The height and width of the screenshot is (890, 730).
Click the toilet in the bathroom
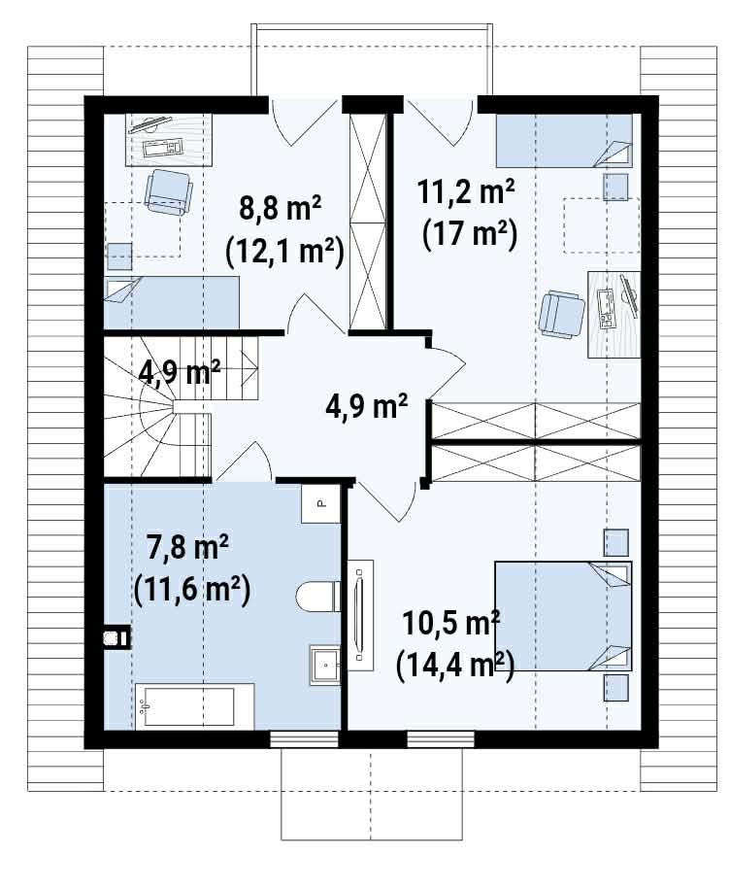pos(317,596)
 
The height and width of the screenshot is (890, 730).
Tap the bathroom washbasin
pos(325,666)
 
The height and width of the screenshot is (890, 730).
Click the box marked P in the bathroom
pos(320,503)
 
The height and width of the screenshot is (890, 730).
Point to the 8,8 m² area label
pos(281,209)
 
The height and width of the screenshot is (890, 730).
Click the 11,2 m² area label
pos(466,191)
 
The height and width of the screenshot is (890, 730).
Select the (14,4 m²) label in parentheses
pos(455,667)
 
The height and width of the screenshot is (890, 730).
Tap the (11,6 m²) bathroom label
pos(192,590)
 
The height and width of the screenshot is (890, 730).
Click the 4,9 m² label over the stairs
pos(180,372)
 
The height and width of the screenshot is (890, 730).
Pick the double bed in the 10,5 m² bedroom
pos(563,616)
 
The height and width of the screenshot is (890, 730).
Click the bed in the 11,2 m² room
pos(564,141)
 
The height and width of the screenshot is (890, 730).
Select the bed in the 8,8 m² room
pos(171,302)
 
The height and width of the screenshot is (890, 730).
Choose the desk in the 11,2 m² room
pos(614,314)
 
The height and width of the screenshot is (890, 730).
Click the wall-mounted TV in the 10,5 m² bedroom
pos(360,615)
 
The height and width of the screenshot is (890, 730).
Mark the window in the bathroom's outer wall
pos(304,739)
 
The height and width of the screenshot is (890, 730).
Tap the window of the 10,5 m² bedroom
pos(441,739)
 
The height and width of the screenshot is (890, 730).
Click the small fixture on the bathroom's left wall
pos(116,637)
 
